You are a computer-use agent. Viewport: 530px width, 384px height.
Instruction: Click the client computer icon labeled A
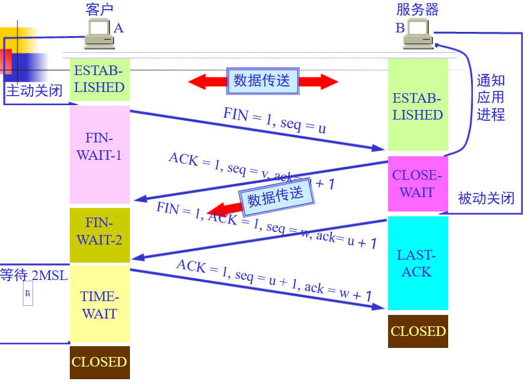click(x=99, y=34)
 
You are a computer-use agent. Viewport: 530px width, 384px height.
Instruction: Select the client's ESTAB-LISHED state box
click(x=99, y=79)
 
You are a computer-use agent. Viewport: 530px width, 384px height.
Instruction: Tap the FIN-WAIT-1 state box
click(x=99, y=147)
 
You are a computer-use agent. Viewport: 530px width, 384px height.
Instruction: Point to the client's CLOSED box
click(x=99, y=362)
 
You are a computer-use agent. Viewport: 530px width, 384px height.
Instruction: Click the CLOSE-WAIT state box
click(x=417, y=184)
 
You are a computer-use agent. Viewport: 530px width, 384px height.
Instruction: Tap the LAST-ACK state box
click(x=417, y=263)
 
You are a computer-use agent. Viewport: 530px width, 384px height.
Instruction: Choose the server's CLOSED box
click(x=418, y=331)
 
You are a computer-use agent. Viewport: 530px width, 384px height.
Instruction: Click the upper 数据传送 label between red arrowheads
click(x=262, y=81)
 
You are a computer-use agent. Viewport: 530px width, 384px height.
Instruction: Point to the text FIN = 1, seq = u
click(x=275, y=120)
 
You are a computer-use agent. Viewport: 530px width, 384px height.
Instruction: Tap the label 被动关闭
click(x=486, y=198)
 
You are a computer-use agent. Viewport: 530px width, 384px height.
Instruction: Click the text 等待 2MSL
click(x=34, y=275)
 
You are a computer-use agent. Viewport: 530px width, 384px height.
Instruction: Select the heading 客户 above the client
click(x=99, y=9)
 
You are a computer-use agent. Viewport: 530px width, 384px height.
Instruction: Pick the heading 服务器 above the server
click(x=418, y=9)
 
